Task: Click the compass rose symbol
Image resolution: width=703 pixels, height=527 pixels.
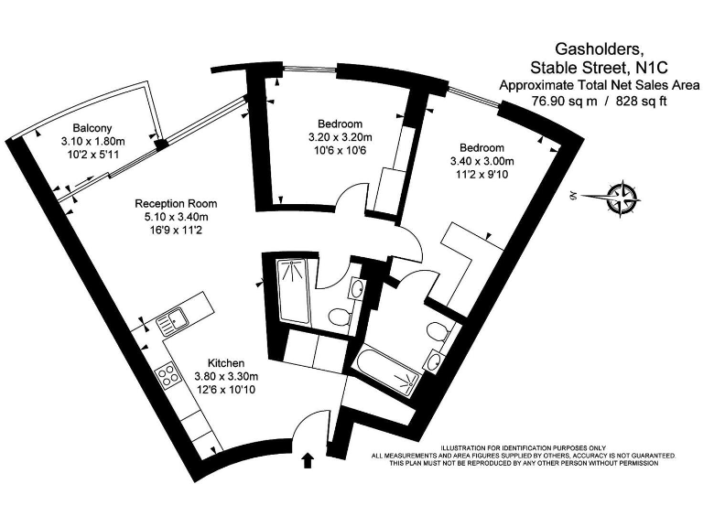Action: [x=624, y=194]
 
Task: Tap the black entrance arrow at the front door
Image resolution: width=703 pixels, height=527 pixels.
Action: [x=308, y=460]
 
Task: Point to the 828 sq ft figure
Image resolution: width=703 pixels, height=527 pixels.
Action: [x=639, y=102]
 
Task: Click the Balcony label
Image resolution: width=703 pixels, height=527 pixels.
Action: [x=93, y=128]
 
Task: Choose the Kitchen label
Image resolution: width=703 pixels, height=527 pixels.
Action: [x=225, y=361]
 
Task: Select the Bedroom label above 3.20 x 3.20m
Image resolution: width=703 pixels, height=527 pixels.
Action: [x=340, y=124]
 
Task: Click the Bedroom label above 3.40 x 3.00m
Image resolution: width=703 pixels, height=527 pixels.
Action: [x=481, y=148]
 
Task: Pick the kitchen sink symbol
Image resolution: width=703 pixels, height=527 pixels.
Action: [x=170, y=321]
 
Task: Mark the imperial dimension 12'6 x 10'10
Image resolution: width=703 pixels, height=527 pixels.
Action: [x=225, y=391]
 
